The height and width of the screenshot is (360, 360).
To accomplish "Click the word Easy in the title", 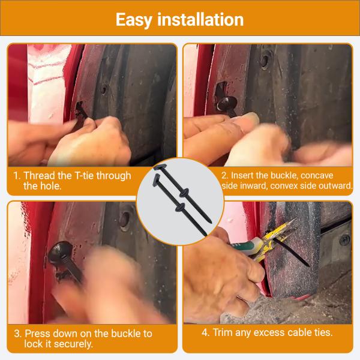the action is click(134, 20).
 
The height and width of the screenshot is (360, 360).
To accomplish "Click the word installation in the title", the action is click(200, 19).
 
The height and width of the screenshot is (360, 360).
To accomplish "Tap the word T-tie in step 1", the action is click(84, 176).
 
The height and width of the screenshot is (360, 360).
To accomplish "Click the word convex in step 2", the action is click(284, 185).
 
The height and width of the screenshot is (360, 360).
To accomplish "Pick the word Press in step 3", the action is click(37, 334).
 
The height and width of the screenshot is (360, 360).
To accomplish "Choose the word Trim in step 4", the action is click(223, 332).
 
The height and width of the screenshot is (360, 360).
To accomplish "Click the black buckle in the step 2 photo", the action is click(227, 104).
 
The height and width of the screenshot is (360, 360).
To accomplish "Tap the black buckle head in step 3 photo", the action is click(60, 253).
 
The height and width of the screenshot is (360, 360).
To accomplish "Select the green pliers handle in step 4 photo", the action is click(244, 245).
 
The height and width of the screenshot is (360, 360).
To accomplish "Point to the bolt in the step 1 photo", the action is click(104, 89).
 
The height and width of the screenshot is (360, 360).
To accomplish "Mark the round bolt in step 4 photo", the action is click(344, 239).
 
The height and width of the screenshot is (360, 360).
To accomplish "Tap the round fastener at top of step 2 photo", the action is click(266, 60).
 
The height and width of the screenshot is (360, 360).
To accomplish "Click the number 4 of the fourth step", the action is click(205, 332).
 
